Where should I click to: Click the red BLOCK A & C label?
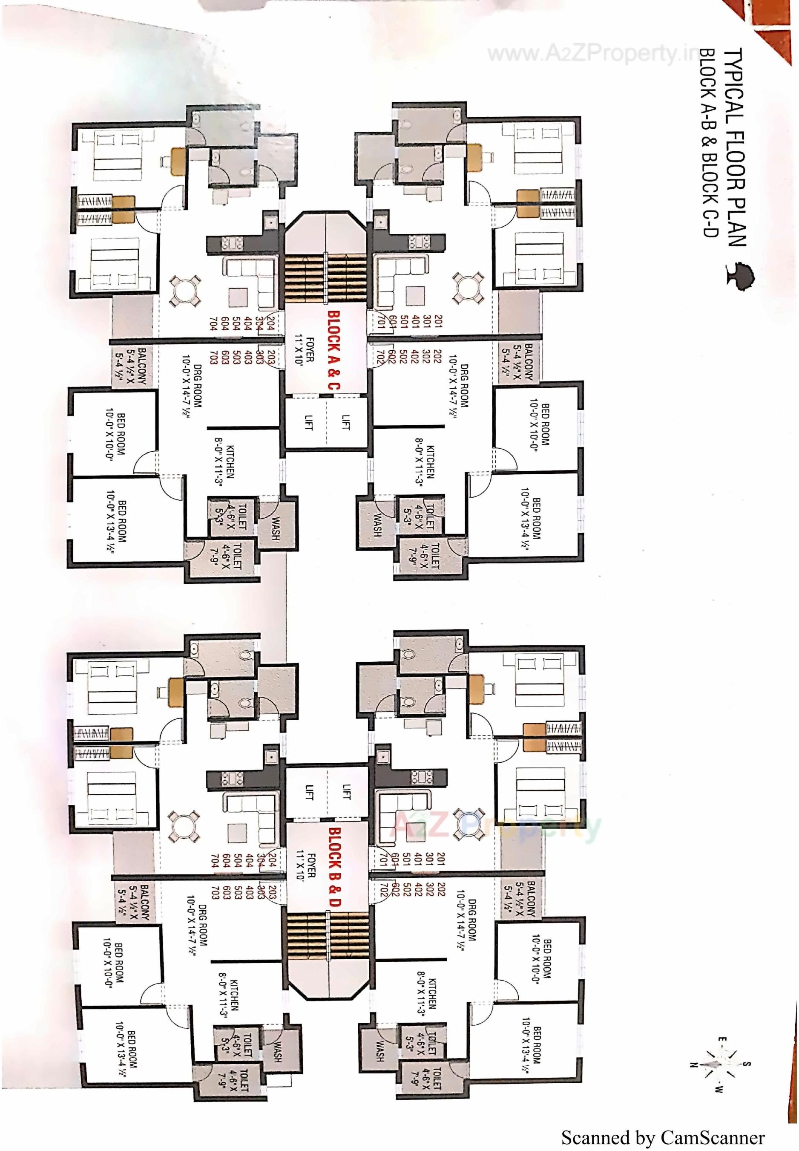click(333, 351)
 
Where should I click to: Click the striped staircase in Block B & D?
click(328, 937)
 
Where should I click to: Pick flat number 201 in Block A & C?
click(439, 322)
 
